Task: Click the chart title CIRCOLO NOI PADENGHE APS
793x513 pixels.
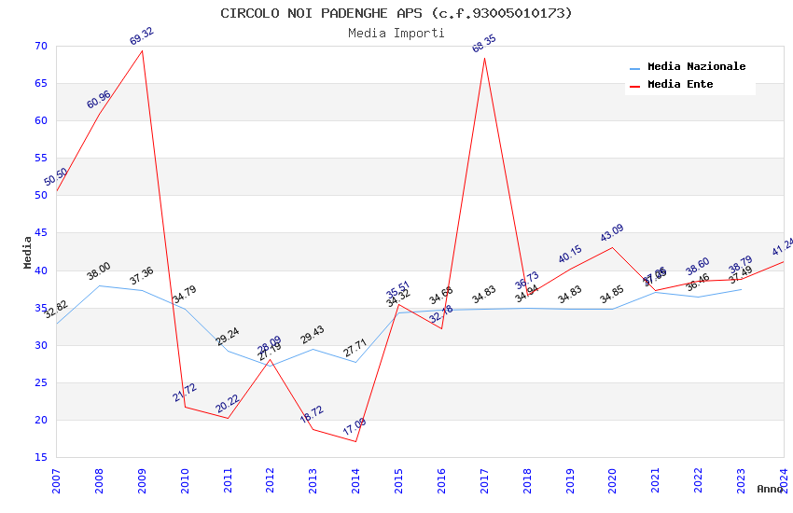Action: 396,13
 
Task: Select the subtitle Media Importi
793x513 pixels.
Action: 396,33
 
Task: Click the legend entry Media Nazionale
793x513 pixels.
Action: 696,67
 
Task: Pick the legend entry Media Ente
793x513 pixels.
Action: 680,85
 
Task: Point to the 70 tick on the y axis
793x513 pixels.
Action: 39,46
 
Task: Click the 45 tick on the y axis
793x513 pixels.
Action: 39,233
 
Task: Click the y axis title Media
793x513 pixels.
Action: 28,252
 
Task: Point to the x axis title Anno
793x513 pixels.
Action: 770,490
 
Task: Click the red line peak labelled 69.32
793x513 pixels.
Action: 142,50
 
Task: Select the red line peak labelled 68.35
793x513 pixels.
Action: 484,58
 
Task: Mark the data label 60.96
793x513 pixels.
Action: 99,100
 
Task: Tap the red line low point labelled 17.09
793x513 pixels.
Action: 355,441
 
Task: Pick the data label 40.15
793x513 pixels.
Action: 570,254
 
